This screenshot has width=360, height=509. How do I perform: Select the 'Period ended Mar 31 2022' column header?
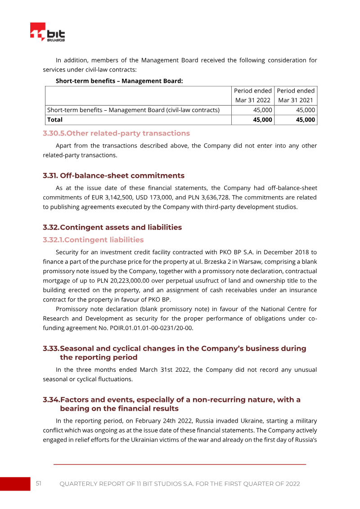click(252, 95)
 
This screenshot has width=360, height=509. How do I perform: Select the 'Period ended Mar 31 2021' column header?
click(296, 95)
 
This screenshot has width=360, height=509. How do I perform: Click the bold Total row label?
click(55, 120)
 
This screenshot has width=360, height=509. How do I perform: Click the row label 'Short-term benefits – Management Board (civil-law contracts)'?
click(133, 110)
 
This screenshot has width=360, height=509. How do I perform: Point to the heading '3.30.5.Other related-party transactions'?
click(116, 133)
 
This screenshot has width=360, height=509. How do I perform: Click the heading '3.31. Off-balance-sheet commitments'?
click(113, 176)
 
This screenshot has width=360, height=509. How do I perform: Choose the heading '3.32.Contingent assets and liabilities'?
click(112, 227)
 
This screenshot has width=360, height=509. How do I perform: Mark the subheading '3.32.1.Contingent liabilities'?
click(93, 240)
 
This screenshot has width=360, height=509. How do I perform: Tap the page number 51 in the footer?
click(39, 483)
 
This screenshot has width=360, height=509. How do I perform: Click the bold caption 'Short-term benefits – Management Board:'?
click(119, 81)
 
